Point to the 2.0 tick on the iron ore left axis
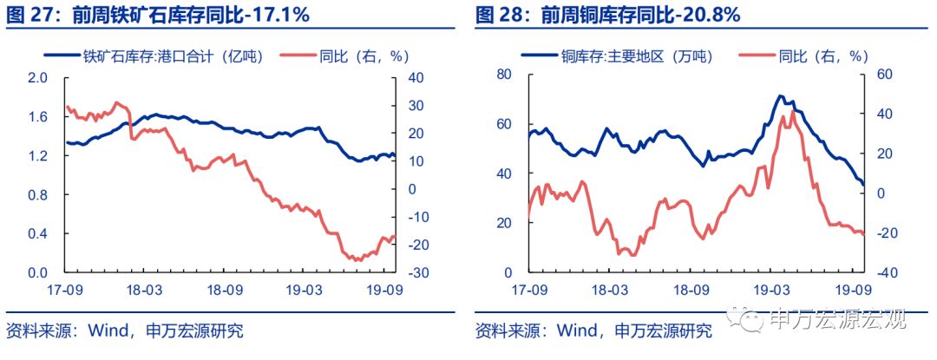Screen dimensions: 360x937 37,77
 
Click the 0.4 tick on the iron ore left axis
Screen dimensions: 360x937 37,233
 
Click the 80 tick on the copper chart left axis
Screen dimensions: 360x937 502,75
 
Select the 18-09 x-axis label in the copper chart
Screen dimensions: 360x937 692,290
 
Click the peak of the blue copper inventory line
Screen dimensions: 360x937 780,95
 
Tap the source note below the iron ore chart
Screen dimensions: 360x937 124,331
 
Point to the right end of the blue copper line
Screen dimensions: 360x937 863,184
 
